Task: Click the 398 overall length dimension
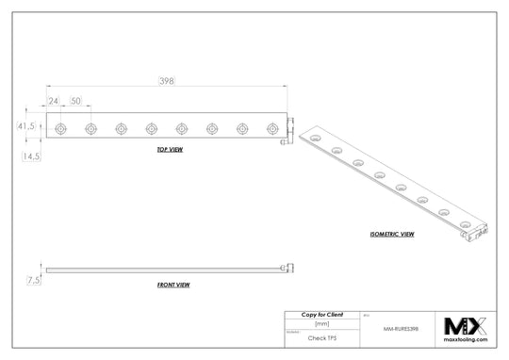166,82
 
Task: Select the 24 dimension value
54,100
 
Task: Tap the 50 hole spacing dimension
75,100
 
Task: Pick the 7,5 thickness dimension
34,280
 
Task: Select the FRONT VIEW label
173,284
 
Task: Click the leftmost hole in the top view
60,127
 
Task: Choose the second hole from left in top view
90,127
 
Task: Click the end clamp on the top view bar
290,130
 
